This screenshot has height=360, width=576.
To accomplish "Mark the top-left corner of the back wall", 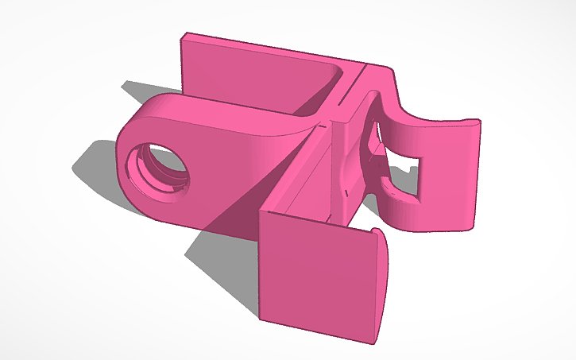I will tap(185, 35).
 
